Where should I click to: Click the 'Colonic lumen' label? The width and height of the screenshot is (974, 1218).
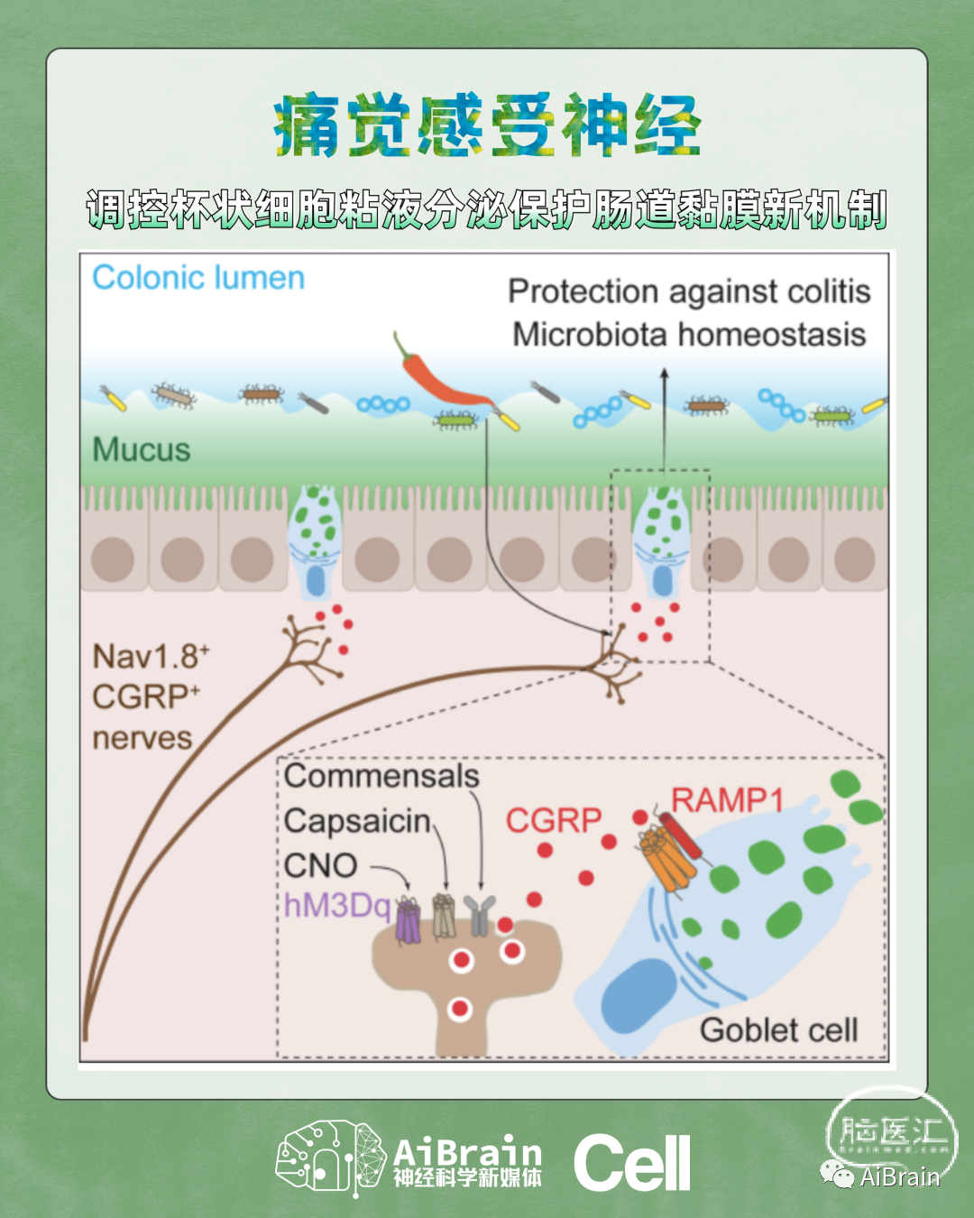coord(198,278)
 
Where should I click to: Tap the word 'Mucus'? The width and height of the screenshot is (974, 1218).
coord(142,449)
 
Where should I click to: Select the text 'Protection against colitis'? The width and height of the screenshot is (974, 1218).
coord(689,291)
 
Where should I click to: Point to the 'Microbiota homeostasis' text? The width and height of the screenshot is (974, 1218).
coord(689,335)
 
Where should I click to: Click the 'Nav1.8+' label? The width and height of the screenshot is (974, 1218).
coord(151,656)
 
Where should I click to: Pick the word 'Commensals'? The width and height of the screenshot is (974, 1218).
coord(381,776)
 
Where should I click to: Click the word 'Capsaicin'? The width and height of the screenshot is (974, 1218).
coord(358,821)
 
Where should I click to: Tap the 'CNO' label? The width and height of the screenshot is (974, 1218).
coord(321,865)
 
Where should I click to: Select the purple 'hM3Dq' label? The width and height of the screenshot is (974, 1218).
coord(337,905)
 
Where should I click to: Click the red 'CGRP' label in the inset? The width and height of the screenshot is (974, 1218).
coord(553,820)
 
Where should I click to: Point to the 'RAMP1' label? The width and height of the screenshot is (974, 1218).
coord(727,799)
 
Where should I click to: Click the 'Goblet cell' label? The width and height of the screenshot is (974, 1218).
coord(778,1029)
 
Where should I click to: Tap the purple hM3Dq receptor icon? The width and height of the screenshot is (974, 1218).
coord(409,921)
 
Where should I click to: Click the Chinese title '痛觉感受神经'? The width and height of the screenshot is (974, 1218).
coord(487,126)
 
